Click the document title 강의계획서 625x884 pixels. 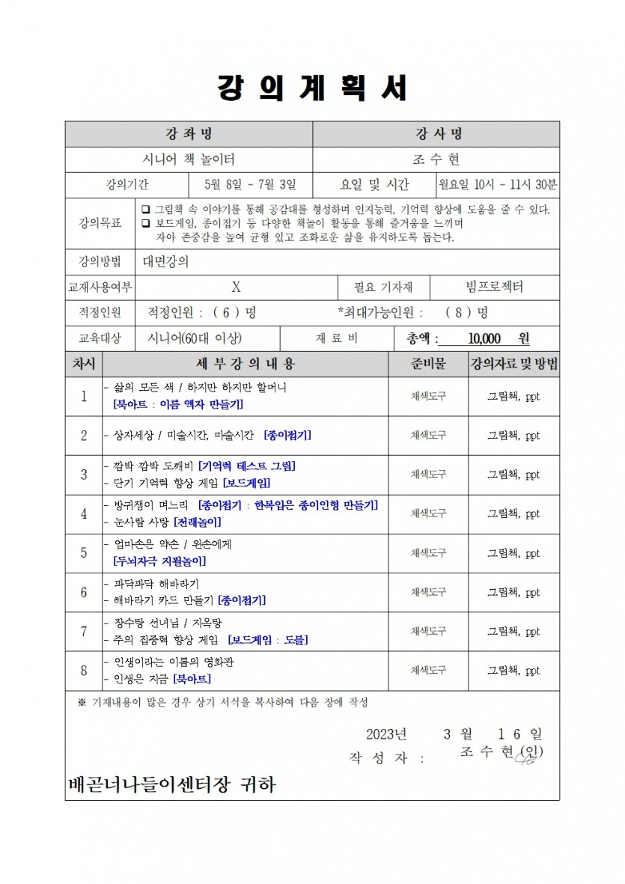[x=312, y=88]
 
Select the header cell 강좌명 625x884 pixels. [x=189, y=134]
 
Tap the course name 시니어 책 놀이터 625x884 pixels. [x=189, y=159]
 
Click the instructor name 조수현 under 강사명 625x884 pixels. [x=436, y=159]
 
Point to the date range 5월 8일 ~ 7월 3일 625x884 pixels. [x=250, y=185]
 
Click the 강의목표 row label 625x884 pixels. [x=100, y=223]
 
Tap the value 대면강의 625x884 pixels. [x=165, y=261]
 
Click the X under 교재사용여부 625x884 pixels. [x=236, y=287]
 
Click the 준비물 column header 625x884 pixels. [x=428, y=365]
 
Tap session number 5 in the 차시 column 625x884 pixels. [x=84, y=553]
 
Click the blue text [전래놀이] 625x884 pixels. [x=197, y=522]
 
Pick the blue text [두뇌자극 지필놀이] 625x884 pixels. [x=159, y=561]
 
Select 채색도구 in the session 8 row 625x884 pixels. [x=428, y=671]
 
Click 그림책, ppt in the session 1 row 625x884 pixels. [x=513, y=397]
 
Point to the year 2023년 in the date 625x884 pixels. [x=386, y=734]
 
